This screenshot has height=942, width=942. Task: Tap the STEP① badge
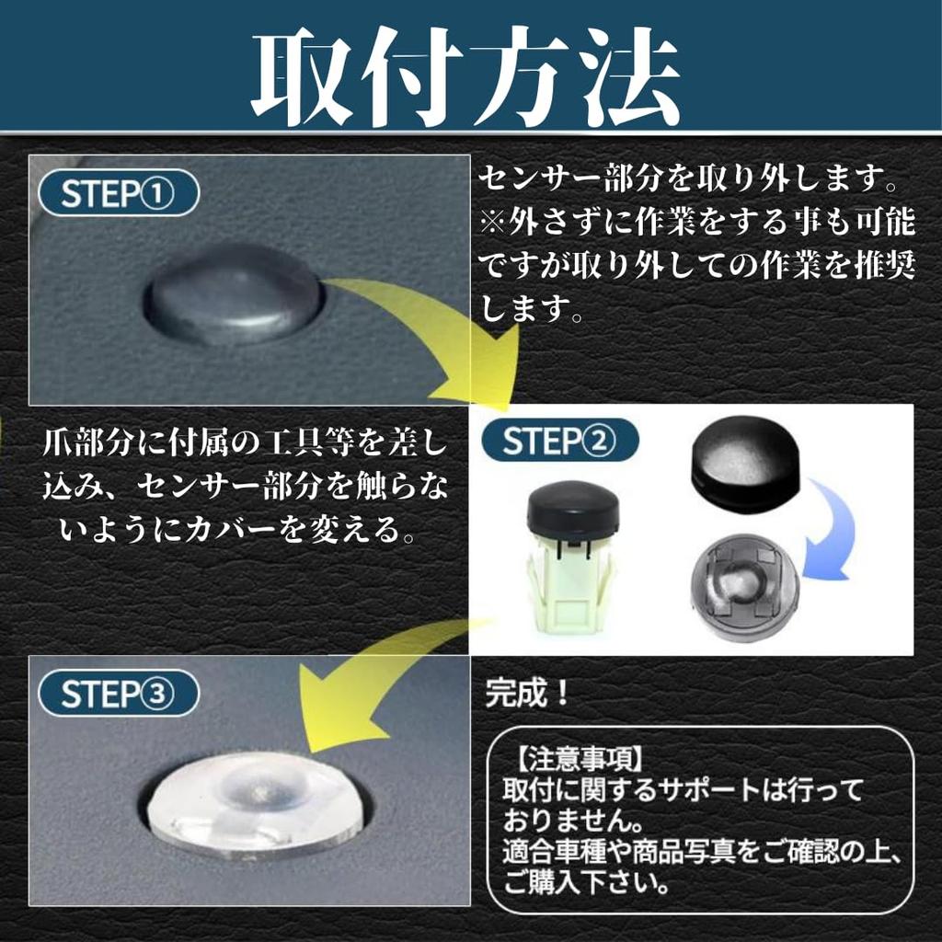[x=119, y=193]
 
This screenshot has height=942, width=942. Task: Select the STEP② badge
[x=560, y=441]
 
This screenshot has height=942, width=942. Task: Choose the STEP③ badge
[x=119, y=693]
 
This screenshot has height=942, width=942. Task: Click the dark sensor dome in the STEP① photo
[x=235, y=294]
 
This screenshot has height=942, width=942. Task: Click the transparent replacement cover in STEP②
[x=745, y=588]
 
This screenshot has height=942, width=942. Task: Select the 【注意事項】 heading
[x=580, y=759]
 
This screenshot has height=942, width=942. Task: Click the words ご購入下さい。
[x=586, y=883]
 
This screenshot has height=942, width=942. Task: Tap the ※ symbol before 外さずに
[x=493, y=222]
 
